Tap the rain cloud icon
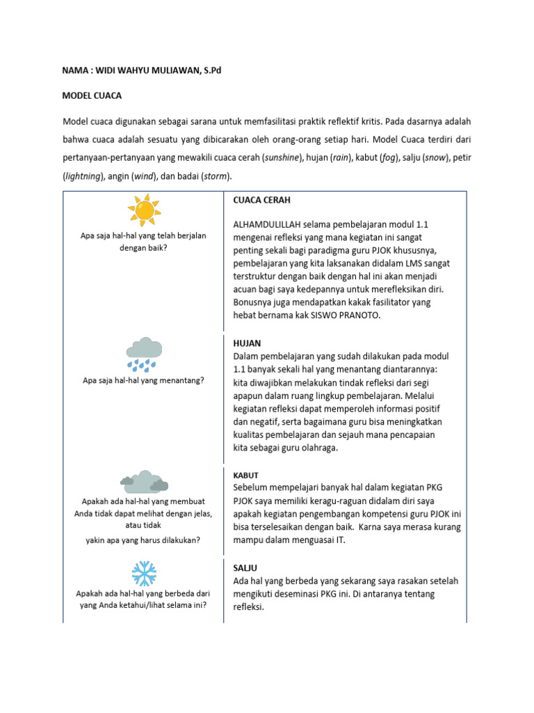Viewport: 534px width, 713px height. coord(144,354)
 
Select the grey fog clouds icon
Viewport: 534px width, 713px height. coord(144,481)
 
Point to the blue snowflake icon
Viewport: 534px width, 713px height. coord(144,573)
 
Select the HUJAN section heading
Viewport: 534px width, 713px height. coord(248,343)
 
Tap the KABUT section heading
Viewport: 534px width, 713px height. coord(246,475)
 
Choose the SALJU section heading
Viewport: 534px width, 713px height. coord(246,568)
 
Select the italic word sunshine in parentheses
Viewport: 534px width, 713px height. coord(281,158)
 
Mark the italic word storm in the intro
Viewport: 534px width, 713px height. coord(215,176)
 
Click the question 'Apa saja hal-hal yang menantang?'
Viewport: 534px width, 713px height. coord(143,380)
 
